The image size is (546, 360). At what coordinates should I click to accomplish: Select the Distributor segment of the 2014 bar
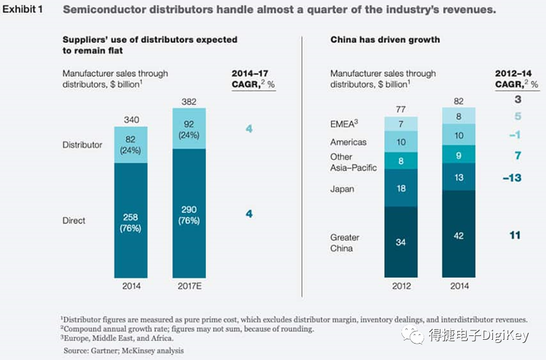tap(131, 145)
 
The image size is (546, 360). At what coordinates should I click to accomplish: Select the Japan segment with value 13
tap(459, 177)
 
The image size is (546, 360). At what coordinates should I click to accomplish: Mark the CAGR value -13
tap(511, 178)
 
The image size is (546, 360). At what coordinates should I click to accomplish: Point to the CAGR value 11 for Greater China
tap(514, 235)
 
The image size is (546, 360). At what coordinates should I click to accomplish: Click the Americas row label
tap(348, 142)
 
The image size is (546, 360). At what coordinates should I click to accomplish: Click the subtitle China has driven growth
tap(385, 40)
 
